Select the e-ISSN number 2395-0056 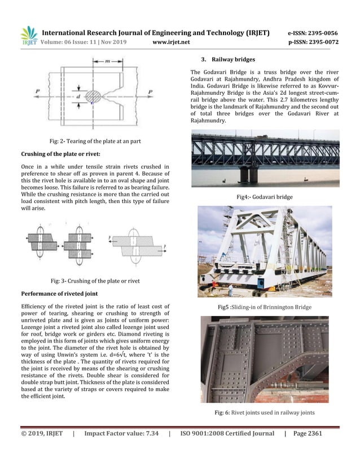(322, 33)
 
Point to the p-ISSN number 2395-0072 (322, 42)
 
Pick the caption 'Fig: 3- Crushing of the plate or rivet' (95, 280)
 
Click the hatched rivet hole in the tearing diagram (94, 96)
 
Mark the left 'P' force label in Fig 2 (37, 91)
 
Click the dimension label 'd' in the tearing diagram (79, 96)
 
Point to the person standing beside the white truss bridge (231, 290)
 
